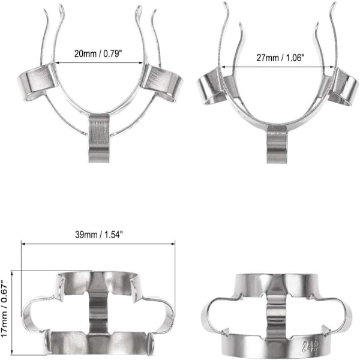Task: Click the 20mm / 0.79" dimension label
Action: point(98,54)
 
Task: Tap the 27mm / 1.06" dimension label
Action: point(280,58)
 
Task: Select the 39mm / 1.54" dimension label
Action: point(99,235)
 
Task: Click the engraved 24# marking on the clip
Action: point(310,346)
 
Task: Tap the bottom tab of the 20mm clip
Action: point(99,138)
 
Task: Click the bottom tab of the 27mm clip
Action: point(277,144)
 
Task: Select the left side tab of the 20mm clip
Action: point(37,81)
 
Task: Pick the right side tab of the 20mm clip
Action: point(161,83)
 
